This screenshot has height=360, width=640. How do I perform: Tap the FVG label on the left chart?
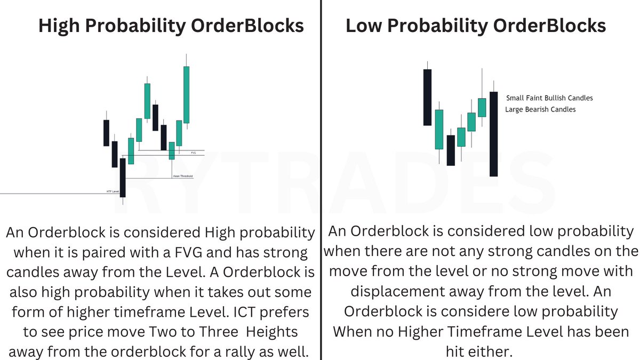[194, 153]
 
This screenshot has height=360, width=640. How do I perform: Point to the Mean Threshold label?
[182, 176]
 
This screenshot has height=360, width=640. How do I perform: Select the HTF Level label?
[113, 190]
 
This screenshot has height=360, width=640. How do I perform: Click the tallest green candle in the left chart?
[187, 94]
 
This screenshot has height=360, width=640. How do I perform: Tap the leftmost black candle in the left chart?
[106, 133]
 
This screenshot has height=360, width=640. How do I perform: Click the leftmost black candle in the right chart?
[427, 97]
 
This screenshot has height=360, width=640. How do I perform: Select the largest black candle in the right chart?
[494, 134]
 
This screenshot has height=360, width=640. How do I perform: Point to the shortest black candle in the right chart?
[451, 150]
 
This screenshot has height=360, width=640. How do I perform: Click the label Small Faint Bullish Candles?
[549, 98]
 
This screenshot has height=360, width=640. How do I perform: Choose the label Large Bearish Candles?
[540, 109]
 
